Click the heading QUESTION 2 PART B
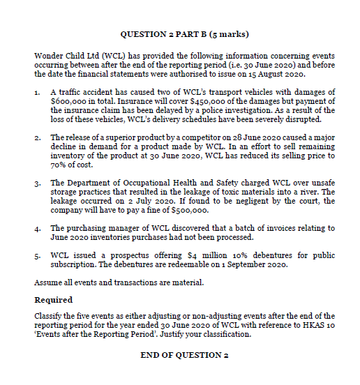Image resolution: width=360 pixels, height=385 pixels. (x=184, y=33)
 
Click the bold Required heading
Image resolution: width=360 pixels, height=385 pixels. (x=53, y=300)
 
